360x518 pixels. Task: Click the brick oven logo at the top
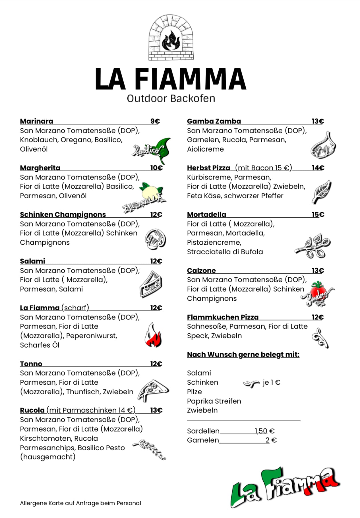pyautogui.click(x=171, y=38)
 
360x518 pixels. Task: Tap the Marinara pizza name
pyautogui.click(x=36, y=121)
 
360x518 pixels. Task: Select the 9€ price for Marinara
pyautogui.click(x=155, y=121)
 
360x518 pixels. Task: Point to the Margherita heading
pyautogui.click(x=40, y=168)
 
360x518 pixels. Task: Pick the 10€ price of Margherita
pyautogui.click(x=156, y=168)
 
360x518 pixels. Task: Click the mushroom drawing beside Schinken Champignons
pyautogui.click(x=155, y=239)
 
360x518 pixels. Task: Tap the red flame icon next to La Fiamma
pyautogui.click(x=153, y=336)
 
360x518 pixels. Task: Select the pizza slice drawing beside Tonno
pyautogui.click(x=153, y=390)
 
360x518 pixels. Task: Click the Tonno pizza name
pyautogui.click(x=31, y=364)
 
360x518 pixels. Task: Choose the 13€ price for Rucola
pyautogui.click(x=156, y=410)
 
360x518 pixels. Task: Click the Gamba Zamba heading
pyautogui.click(x=214, y=121)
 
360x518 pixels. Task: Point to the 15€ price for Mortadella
pyautogui.click(x=318, y=214)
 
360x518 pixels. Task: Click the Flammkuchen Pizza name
pyautogui.click(x=223, y=317)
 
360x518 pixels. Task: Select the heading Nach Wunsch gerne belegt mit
pyautogui.click(x=243, y=354)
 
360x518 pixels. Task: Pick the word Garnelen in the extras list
pyautogui.click(x=203, y=440)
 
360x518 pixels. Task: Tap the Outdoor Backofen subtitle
pyautogui.click(x=171, y=98)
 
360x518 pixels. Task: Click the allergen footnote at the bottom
pyautogui.click(x=80, y=503)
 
